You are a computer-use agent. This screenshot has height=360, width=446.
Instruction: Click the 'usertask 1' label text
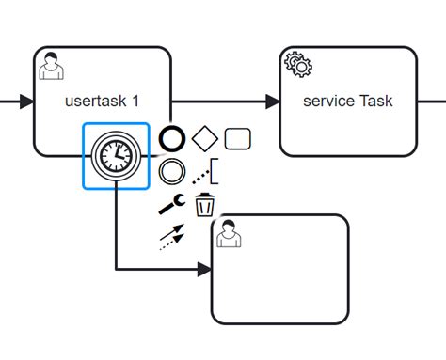pyautogui.click(x=103, y=101)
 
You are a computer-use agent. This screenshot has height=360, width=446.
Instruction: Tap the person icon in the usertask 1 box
pyautogui.click(x=50, y=66)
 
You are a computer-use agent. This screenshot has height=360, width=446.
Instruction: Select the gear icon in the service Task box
pyautogui.click(x=297, y=65)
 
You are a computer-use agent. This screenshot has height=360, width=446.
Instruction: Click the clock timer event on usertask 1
pyautogui.click(x=116, y=156)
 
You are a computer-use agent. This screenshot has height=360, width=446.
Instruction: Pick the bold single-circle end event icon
pyautogui.click(x=171, y=140)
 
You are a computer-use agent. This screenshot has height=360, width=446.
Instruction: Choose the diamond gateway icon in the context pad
pyautogui.click(x=204, y=139)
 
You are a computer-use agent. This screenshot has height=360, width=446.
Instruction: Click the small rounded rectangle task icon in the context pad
pyautogui.click(x=238, y=139)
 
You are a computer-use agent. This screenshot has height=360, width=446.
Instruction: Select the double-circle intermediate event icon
pyautogui.click(x=171, y=171)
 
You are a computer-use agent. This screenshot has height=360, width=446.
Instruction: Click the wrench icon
pyautogui.click(x=171, y=204)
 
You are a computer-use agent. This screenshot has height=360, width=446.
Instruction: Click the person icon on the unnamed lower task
pyautogui.click(x=227, y=234)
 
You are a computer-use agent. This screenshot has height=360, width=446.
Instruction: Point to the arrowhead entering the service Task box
pyautogui.click(x=272, y=102)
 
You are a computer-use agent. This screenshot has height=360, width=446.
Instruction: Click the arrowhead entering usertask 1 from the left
pyautogui.click(x=27, y=102)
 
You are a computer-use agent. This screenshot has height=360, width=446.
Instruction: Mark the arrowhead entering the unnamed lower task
pyautogui.click(x=204, y=270)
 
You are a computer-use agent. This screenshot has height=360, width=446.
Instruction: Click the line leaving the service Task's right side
pyautogui.click(x=431, y=102)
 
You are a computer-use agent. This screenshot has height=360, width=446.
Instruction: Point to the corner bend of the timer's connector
pyautogui.click(x=116, y=270)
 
